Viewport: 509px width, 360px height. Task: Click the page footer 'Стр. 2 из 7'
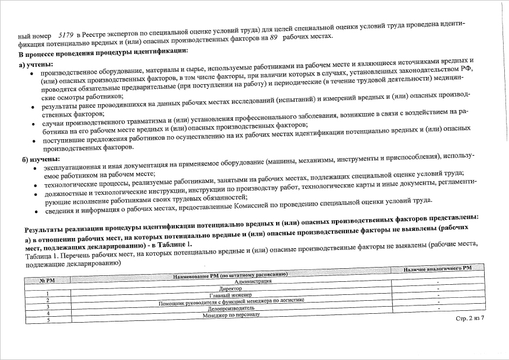(x=470, y=319)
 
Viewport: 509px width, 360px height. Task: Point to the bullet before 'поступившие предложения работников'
(x=34, y=140)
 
